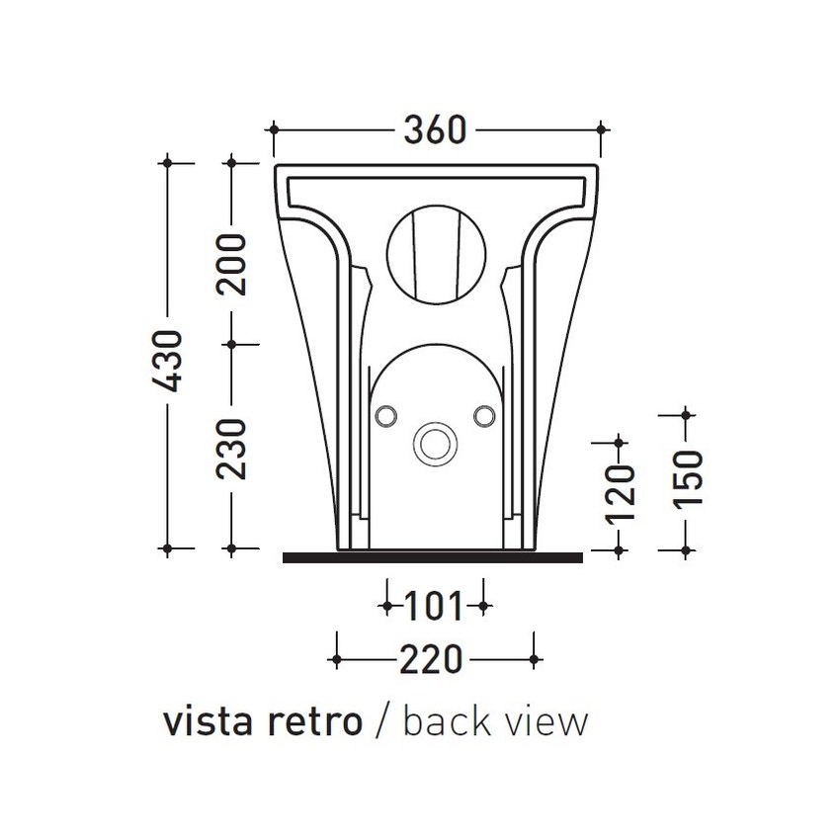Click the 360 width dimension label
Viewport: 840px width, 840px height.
pyautogui.click(x=435, y=130)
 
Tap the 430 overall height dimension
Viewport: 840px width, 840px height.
pyautogui.click(x=168, y=361)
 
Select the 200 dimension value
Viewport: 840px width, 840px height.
pyautogui.click(x=231, y=264)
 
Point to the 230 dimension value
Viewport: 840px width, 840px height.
pyautogui.click(x=231, y=449)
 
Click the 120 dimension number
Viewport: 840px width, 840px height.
pyautogui.click(x=620, y=493)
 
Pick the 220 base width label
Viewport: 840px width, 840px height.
pyautogui.click(x=431, y=659)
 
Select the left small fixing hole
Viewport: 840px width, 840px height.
pyautogui.click(x=385, y=416)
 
